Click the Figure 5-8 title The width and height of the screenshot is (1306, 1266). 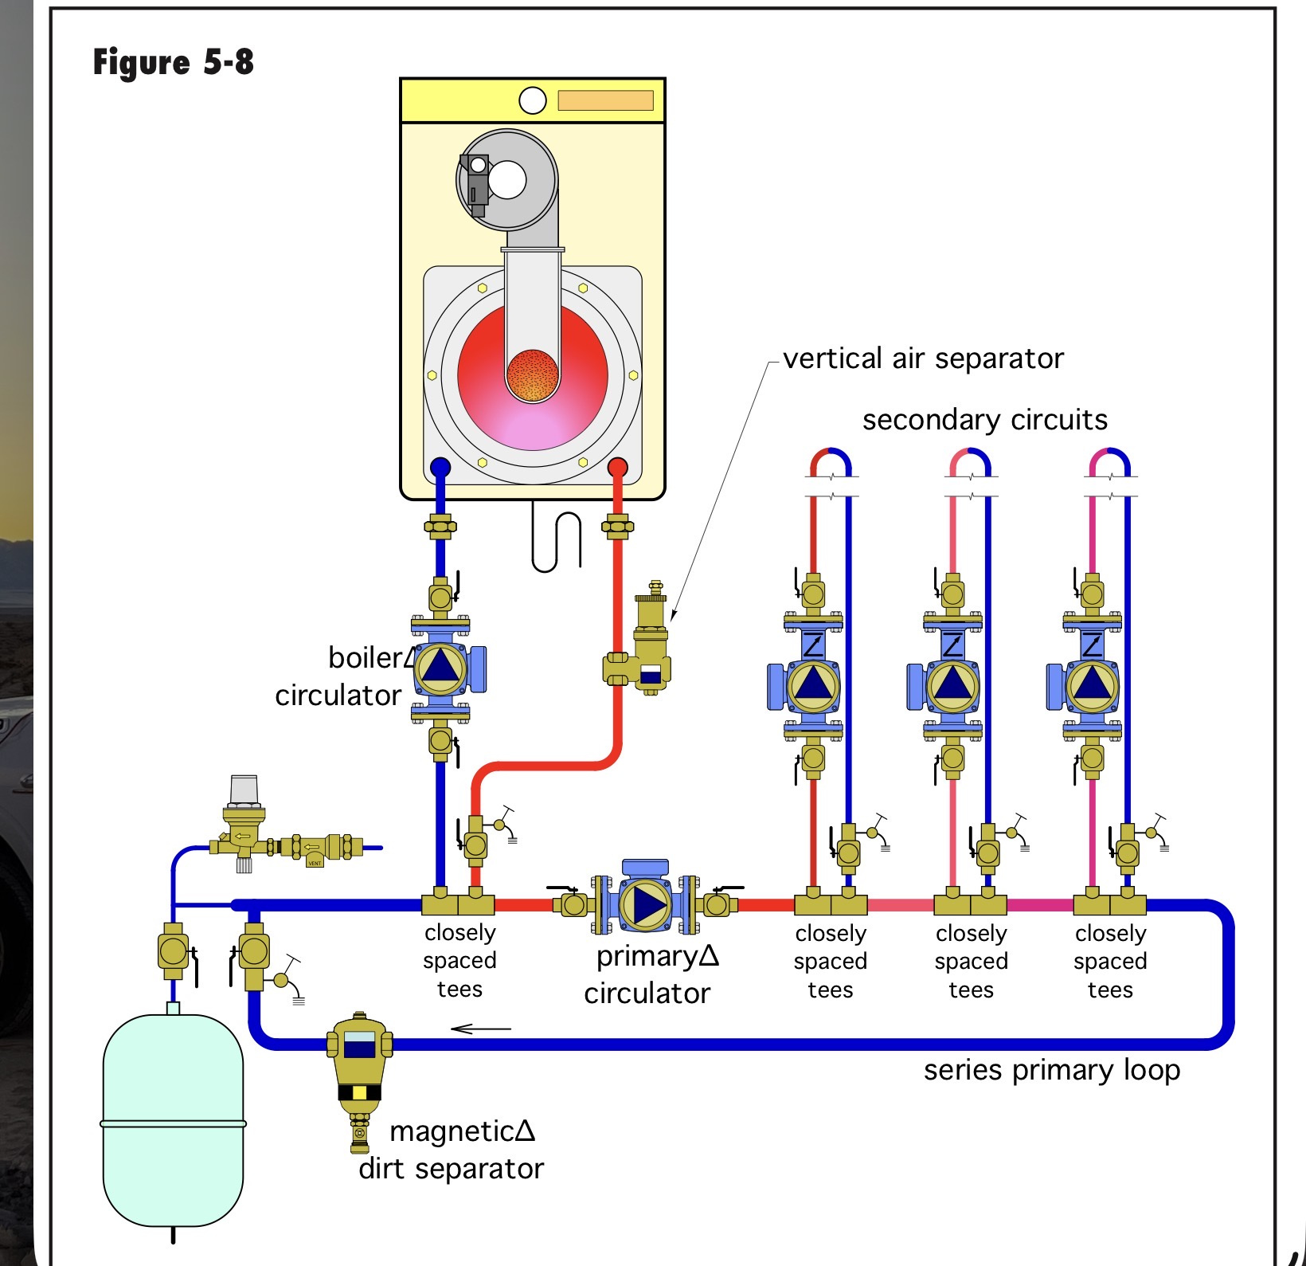pos(173,62)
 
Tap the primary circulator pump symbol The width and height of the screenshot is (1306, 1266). pos(645,904)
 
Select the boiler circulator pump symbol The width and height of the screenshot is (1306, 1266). pos(440,668)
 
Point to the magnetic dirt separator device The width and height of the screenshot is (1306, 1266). pos(359,1072)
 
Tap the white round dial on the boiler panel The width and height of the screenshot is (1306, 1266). pos(532,100)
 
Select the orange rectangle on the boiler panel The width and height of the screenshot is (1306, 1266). pos(605,100)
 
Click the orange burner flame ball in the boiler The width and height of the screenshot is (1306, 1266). pos(532,374)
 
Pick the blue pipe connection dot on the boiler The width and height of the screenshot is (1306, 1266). pos(440,468)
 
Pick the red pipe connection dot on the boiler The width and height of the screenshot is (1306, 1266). pos(617,468)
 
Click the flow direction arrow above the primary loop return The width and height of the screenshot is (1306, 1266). pos(480,1029)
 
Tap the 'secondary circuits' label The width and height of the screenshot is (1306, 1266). pos(984,420)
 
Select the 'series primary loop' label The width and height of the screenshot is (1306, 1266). pos(1051,1070)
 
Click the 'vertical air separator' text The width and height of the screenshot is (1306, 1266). pos(922,359)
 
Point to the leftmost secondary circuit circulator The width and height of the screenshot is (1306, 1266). pos(812,685)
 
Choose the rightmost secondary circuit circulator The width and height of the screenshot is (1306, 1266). pos(1092,685)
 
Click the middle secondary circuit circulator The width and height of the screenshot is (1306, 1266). pos(952,685)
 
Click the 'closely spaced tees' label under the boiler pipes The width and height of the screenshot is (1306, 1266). pos(459,961)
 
